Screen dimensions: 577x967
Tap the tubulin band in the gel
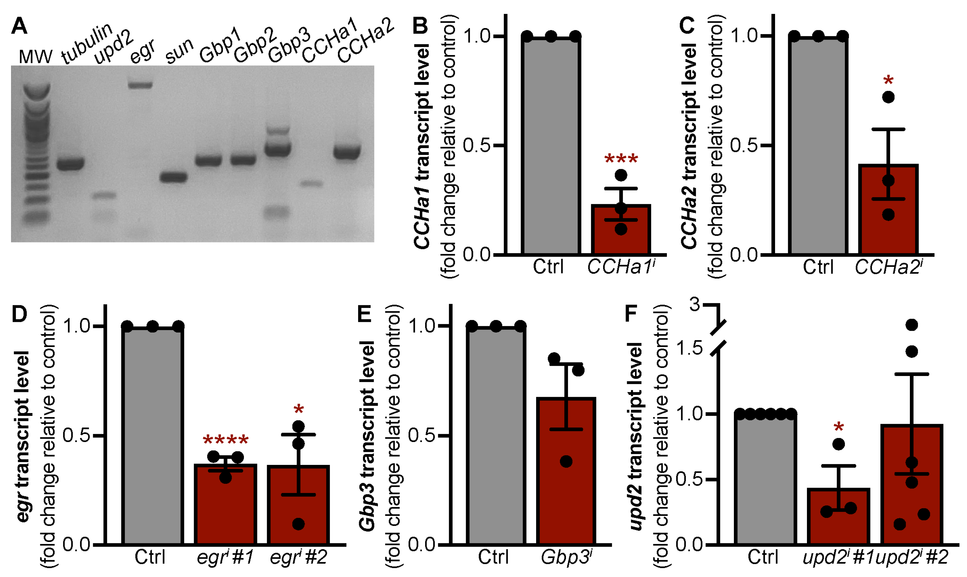tap(70, 164)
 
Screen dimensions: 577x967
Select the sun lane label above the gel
tap(179, 51)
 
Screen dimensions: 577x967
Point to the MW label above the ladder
tap(35, 57)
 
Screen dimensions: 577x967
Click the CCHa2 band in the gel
tap(347, 152)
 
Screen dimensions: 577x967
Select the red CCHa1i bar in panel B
tap(621, 233)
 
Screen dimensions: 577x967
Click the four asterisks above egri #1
tap(225, 441)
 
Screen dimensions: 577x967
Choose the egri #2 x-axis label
tap(298, 558)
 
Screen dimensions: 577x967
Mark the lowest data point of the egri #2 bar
tap(298, 524)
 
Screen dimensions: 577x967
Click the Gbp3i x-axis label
tap(567, 558)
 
